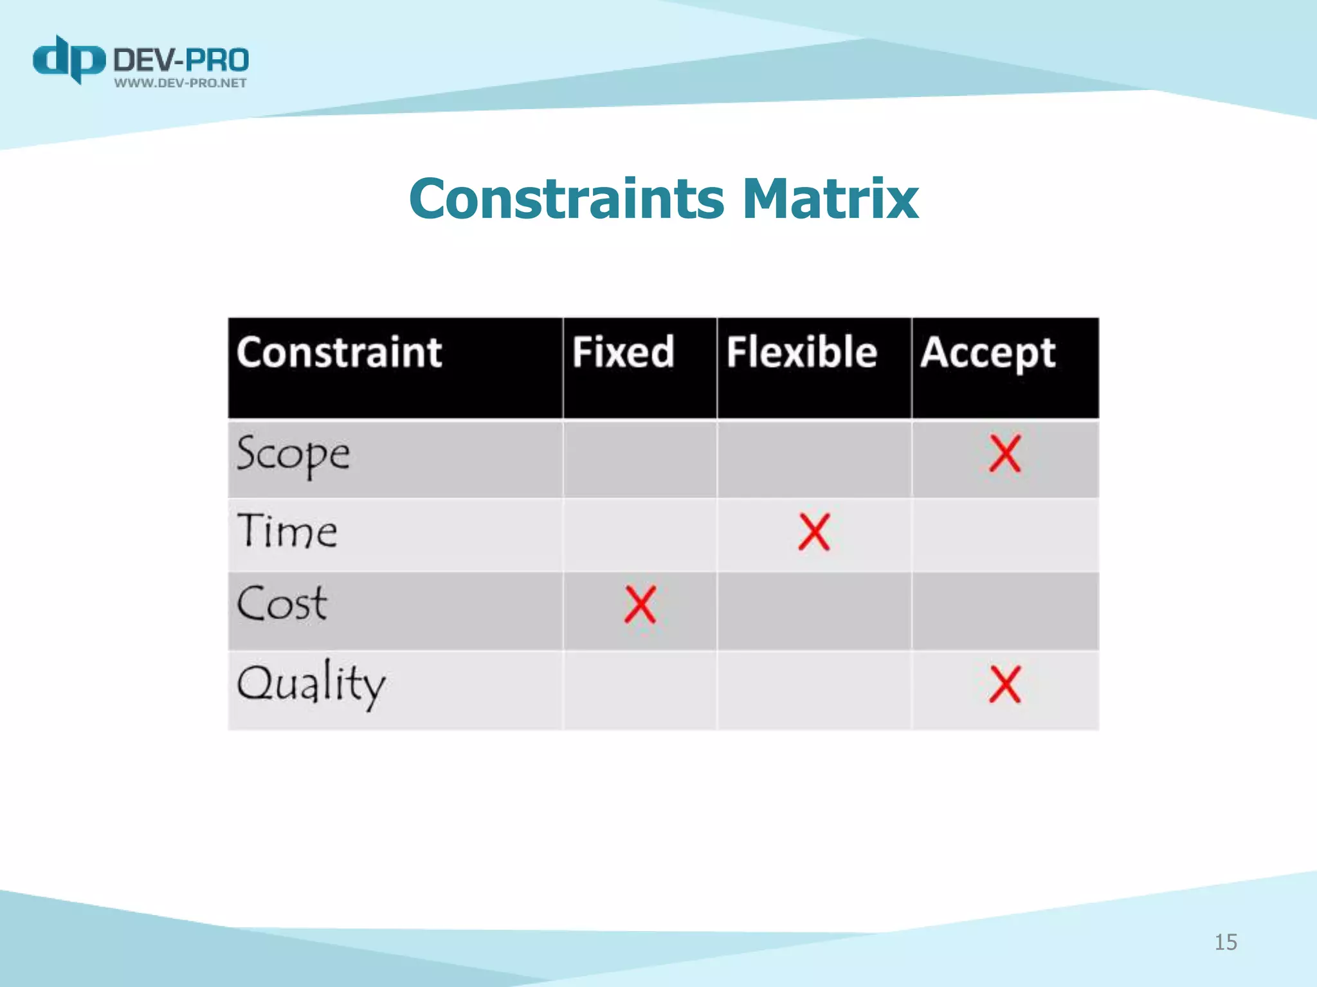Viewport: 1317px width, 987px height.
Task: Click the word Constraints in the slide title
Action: coord(567,199)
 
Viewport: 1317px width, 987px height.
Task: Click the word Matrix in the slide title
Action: coord(830,199)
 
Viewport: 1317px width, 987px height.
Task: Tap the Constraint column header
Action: coord(340,353)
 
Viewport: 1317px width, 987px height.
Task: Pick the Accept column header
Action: coord(988,353)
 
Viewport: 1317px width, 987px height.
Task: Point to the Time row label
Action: coord(287,531)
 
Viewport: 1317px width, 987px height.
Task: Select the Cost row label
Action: coord(282,604)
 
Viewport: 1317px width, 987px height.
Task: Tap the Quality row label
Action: coord(311,684)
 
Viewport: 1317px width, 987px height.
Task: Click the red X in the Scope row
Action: coord(1004,454)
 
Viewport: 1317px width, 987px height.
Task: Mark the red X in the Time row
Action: coord(814,532)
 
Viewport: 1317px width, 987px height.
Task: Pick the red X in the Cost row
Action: coord(640,605)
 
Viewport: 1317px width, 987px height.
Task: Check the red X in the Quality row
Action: coord(1004,684)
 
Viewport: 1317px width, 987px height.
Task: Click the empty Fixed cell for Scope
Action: coord(640,458)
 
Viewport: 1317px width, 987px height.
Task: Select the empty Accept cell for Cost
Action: coord(1005,610)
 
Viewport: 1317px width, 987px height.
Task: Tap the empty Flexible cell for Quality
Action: coord(814,690)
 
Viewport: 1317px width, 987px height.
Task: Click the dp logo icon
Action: coord(69,60)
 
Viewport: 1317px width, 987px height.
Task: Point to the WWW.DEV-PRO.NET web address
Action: coord(181,83)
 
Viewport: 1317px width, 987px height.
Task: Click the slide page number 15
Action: coord(1226,942)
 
